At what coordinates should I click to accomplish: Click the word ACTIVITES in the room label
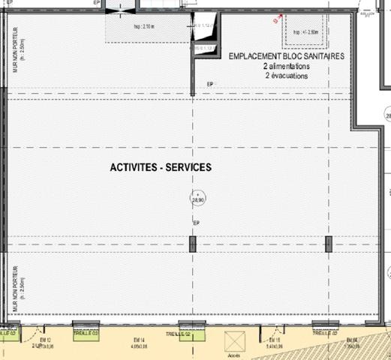(x=132, y=169)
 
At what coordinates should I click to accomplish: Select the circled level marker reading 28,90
(x=198, y=199)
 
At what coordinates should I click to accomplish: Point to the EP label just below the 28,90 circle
(x=197, y=223)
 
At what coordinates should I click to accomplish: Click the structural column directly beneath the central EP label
(x=194, y=244)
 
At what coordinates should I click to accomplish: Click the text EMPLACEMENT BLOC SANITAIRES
(x=286, y=56)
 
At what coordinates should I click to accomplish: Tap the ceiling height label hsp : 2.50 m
(x=144, y=27)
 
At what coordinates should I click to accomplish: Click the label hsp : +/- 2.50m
(x=307, y=32)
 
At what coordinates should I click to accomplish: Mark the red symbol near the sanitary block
(x=278, y=21)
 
